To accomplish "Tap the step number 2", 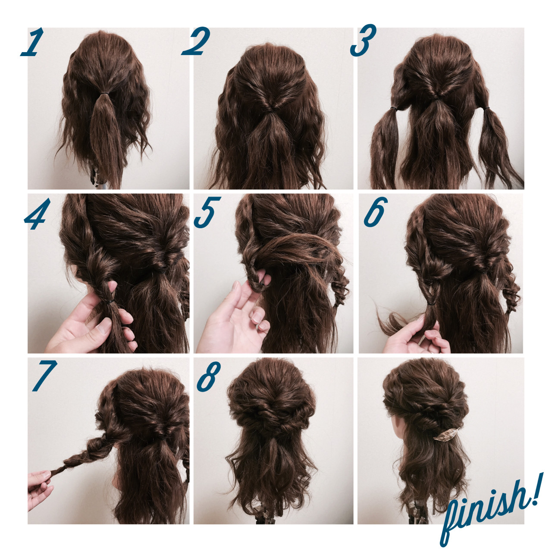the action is click(x=196, y=41).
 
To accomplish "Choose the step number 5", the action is click(x=207, y=212).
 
